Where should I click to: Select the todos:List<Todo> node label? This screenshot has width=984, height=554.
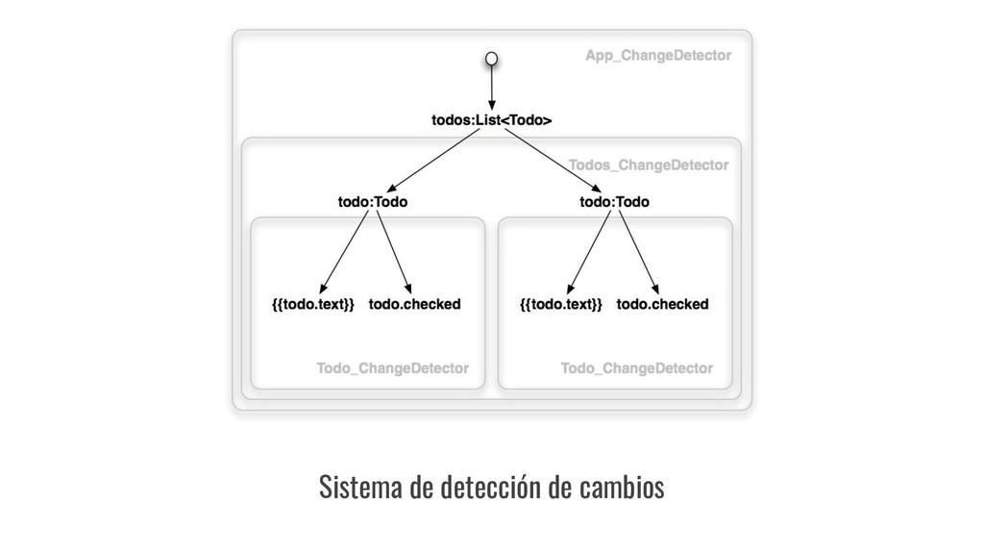(491, 121)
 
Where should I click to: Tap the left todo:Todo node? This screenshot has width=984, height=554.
(373, 203)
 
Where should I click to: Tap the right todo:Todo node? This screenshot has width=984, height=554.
(615, 203)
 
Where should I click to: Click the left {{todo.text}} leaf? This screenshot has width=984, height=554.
(314, 305)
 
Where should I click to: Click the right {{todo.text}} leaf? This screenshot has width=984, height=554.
(561, 305)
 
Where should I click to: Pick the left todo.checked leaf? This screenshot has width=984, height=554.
(415, 305)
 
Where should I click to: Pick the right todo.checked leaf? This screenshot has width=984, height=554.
(663, 305)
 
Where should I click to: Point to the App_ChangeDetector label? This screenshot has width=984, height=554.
(658, 56)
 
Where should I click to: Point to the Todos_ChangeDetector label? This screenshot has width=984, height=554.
(649, 164)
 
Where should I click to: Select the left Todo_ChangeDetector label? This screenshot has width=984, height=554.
(392, 368)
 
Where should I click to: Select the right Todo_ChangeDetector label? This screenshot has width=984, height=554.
(636, 368)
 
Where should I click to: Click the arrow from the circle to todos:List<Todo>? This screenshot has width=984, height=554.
(491, 88)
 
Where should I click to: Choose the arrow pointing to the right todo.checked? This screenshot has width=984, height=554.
(639, 252)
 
